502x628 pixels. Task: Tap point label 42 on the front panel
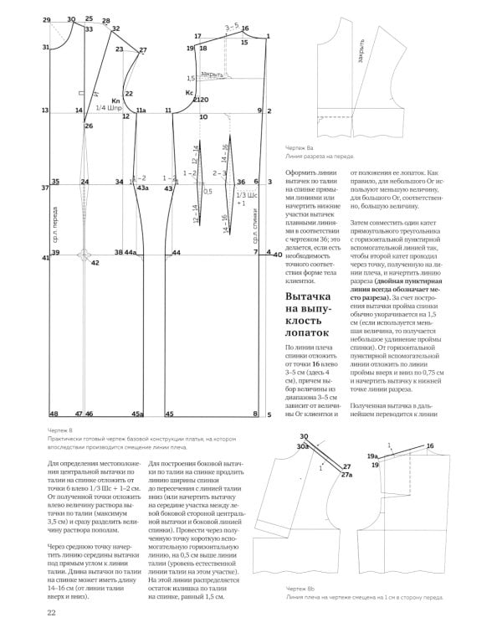tap(95, 263)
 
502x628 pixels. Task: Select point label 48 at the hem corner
tap(53, 414)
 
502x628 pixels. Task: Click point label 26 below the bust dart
tap(88, 126)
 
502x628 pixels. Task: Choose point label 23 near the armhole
tap(120, 49)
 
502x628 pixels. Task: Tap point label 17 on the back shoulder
tap(197, 37)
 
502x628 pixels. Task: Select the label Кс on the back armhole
tap(190, 91)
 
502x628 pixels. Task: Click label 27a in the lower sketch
tap(346, 474)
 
